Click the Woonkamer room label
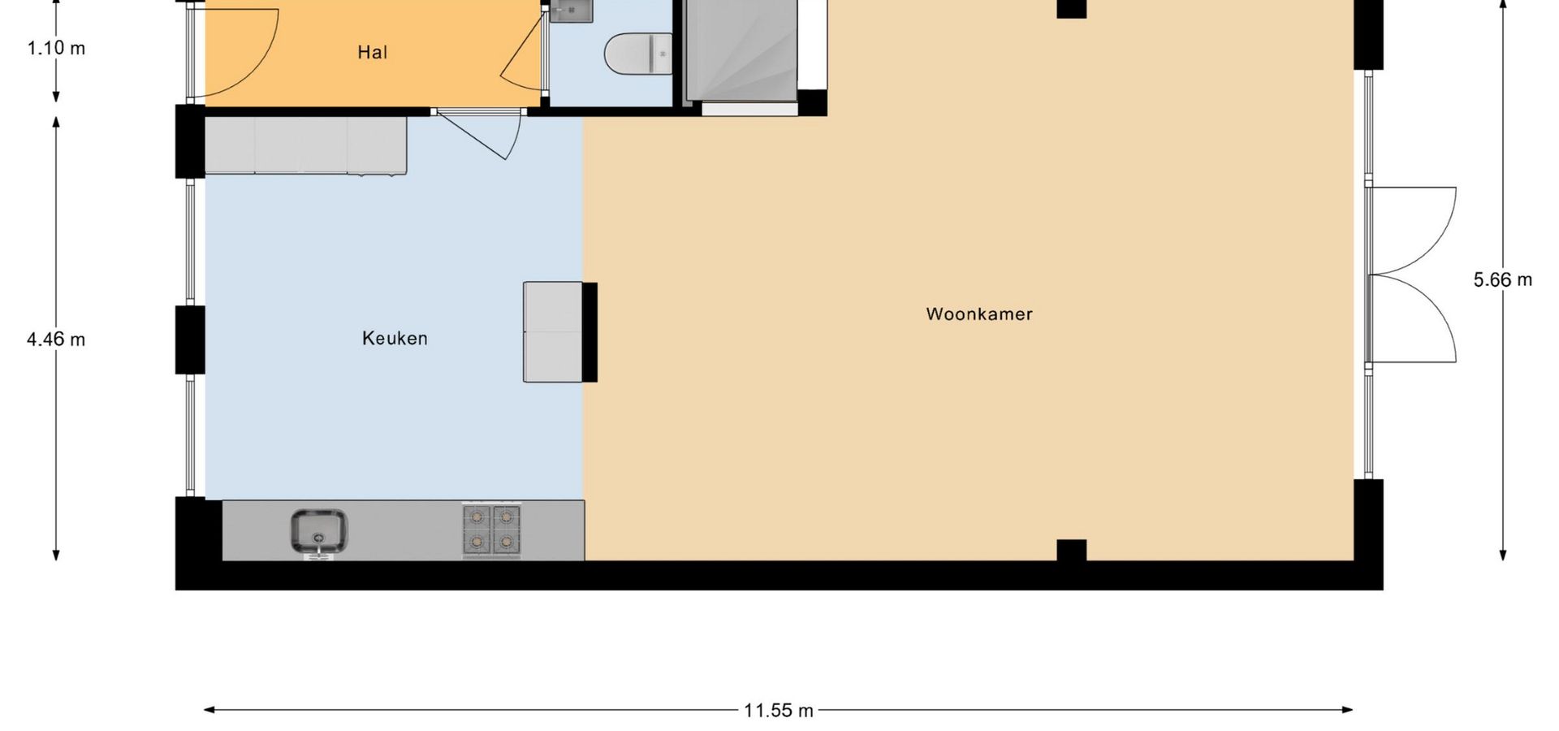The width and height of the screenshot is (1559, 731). pos(979,314)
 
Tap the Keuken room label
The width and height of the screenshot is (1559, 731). pos(395,338)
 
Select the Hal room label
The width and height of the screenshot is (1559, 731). pos(373,53)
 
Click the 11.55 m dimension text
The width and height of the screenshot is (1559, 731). pos(779,711)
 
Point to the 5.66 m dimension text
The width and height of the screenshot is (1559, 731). pos(1503,280)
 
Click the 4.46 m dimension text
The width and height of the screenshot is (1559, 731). pos(56,340)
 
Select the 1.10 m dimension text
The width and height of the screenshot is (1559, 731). pos(56,48)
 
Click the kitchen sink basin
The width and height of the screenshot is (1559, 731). pos(319,532)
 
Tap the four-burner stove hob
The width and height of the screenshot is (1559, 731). pos(492,530)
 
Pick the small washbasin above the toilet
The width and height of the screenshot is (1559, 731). pos(572,10)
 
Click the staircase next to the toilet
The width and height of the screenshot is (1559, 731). pos(741,50)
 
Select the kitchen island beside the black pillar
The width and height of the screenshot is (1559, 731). pos(553,331)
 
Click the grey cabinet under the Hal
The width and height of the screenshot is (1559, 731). pos(305,145)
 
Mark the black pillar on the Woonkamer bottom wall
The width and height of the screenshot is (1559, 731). pos(1072,551)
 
